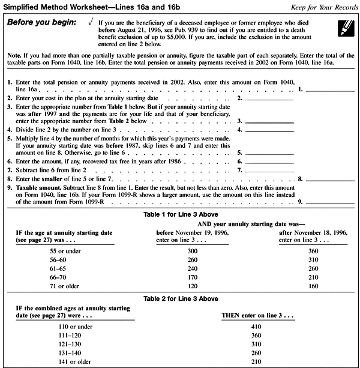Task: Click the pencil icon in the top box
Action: click(x=345, y=26)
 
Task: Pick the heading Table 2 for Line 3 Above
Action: click(x=180, y=298)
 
